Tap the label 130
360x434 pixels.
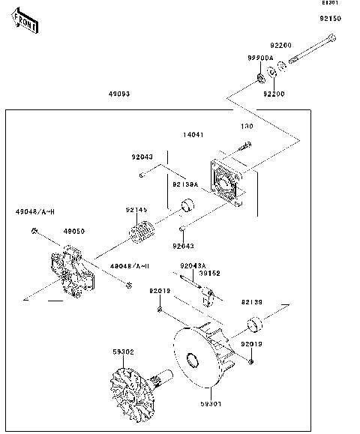(244, 127)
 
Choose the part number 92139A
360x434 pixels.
(184, 184)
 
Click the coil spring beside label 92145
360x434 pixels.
(142, 235)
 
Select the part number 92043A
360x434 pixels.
(193, 266)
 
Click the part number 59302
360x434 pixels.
(123, 351)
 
